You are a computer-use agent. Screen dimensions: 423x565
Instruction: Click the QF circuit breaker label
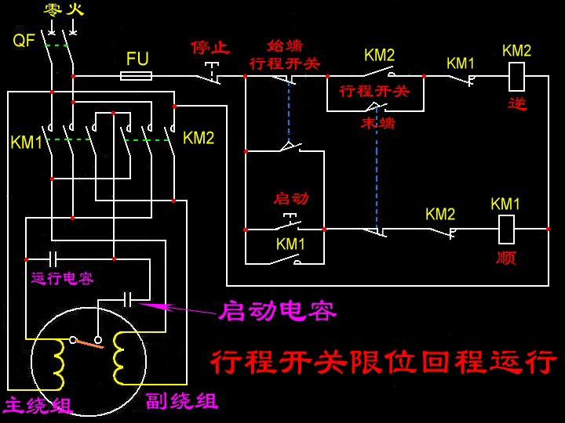click(24, 40)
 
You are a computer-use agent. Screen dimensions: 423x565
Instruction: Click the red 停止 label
click(210, 48)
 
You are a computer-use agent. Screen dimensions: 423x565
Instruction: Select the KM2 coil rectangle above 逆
click(517, 77)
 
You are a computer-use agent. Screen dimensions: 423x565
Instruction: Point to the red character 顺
click(506, 258)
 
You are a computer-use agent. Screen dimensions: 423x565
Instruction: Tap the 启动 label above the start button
click(290, 198)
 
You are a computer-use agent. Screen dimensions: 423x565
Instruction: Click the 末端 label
click(377, 123)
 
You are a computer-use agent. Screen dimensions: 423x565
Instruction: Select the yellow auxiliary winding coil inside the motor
click(122, 357)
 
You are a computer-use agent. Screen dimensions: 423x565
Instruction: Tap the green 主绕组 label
click(38, 406)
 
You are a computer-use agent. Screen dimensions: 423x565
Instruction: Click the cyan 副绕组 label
click(181, 402)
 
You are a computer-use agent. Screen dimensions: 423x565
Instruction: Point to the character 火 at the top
click(74, 11)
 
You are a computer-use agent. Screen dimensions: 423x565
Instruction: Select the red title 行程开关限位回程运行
click(382, 362)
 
